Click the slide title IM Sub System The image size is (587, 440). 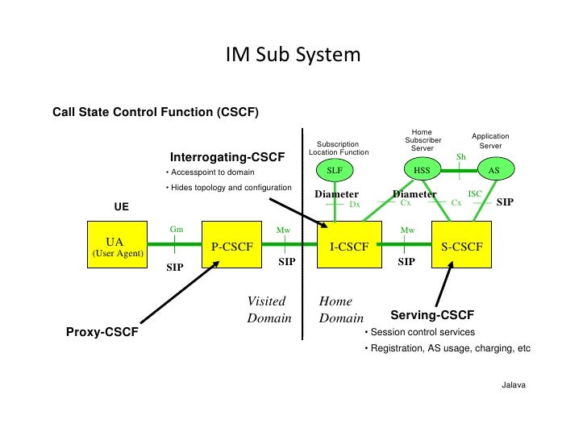(293, 56)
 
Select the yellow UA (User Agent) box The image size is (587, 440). (116, 247)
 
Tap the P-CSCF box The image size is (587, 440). (231, 247)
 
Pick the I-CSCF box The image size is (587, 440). (349, 247)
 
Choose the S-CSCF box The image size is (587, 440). (462, 247)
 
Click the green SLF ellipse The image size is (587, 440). (335, 170)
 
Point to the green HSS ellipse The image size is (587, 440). (422, 170)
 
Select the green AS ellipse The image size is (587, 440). (494, 170)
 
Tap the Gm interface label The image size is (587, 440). (177, 229)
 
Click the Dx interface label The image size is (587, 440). (354, 205)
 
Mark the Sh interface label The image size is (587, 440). (461, 156)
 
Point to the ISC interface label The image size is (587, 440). (475, 194)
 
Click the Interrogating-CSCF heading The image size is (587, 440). (227, 156)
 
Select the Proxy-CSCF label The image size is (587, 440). (102, 331)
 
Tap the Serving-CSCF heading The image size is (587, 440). (432, 314)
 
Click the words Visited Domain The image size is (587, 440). (269, 309)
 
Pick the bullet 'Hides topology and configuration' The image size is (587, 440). (228, 188)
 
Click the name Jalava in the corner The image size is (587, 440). (513, 385)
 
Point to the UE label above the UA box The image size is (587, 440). (121, 207)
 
